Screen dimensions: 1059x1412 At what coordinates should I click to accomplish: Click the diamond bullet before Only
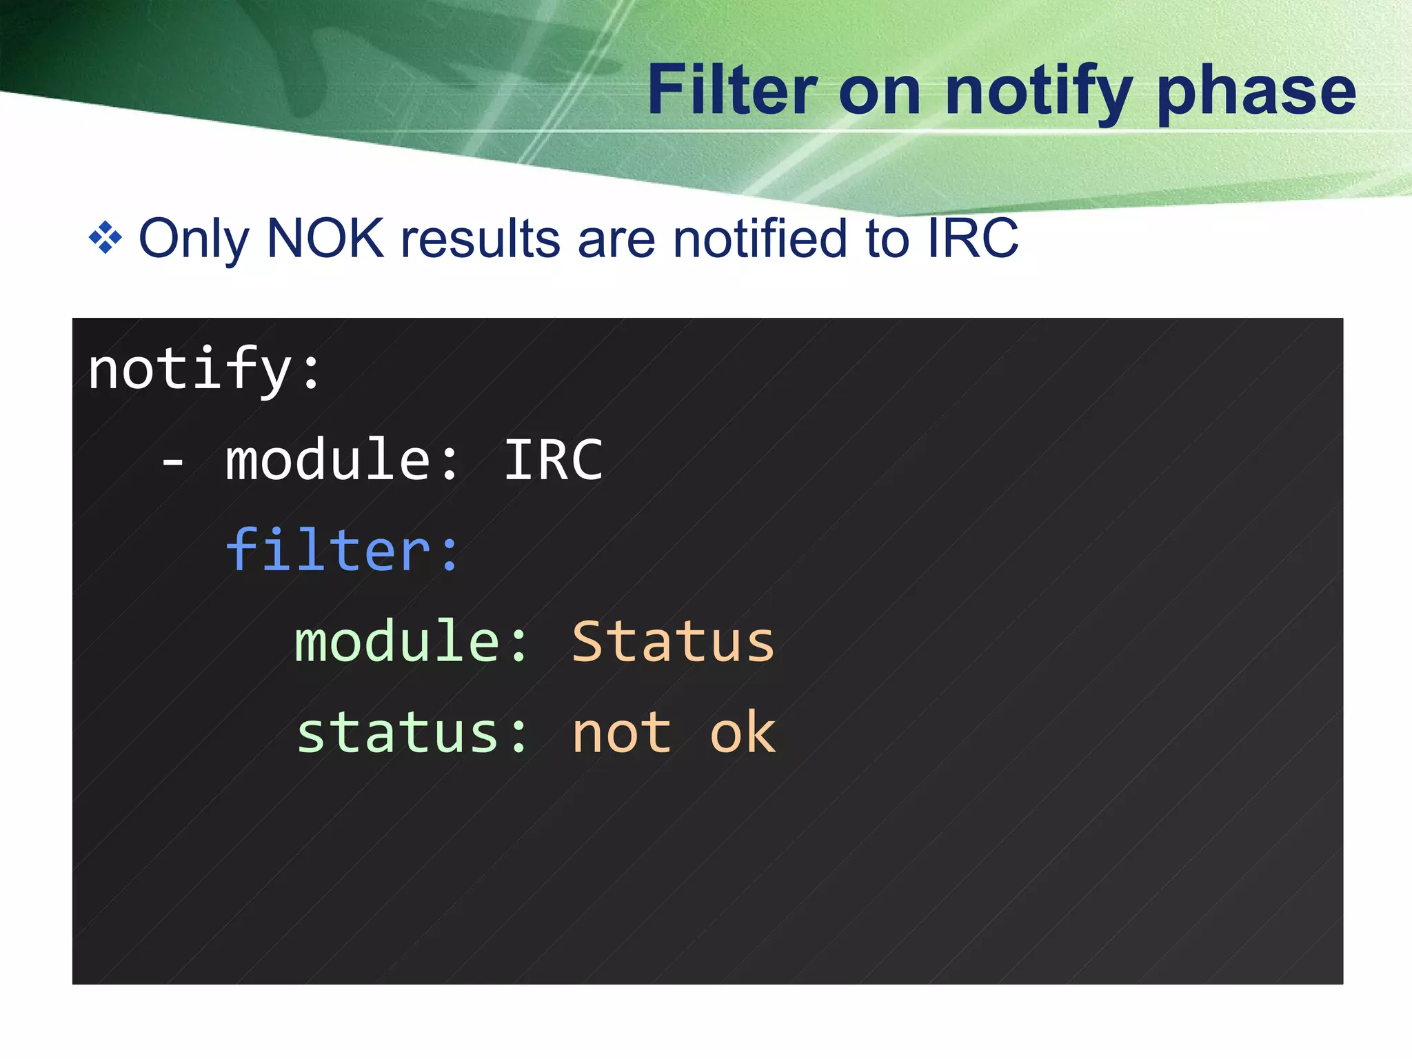(x=105, y=238)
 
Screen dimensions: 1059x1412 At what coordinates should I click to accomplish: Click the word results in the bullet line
(x=481, y=238)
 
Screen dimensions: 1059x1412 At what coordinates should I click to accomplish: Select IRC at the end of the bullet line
(x=973, y=238)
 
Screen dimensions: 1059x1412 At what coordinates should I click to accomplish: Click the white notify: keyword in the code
(x=204, y=370)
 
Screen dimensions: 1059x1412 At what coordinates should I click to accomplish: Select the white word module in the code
(x=328, y=460)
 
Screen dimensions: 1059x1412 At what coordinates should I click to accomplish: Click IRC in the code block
(x=554, y=460)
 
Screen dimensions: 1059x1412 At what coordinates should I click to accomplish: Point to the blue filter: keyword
(x=342, y=550)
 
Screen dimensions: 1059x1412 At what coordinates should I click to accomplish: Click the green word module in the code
(x=397, y=641)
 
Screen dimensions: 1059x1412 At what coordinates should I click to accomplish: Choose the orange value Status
(x=674, y=641)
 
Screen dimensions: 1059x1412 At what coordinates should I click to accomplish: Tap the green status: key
(x=412, y=732)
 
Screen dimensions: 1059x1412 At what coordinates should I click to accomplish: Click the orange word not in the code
(x=621, y=732)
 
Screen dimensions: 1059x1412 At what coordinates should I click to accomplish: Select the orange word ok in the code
(x=743, y=732)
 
